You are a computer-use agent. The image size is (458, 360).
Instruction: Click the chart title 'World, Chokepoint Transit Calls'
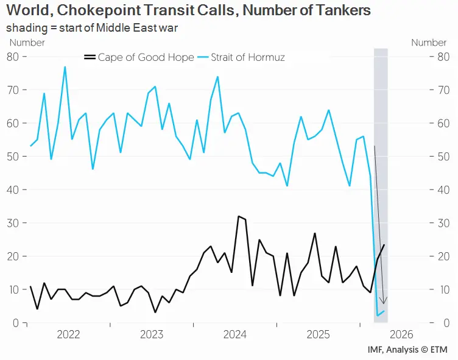click(188, 11)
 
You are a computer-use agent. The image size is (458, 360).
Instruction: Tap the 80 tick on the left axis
click(13, 57)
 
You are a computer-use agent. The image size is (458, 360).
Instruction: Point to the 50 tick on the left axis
click(13, 157)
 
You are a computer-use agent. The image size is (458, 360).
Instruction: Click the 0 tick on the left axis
click(16, 323)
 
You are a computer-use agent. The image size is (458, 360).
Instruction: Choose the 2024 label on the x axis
click(234, 334)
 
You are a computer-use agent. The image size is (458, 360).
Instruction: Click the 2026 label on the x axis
click(401, 334)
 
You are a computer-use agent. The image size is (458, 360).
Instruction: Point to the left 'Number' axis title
click(27, 43)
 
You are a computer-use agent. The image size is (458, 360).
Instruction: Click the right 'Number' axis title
click(429, 43)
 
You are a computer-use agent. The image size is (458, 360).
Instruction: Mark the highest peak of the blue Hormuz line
click(65, 67)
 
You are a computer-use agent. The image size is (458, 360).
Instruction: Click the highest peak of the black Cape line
click(238, 216)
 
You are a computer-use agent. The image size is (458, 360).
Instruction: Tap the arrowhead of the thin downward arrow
click(383, 303)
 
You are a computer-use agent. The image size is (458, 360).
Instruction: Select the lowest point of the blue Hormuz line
click(378, 316)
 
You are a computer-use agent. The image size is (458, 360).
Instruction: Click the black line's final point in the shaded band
click(384, 245)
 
